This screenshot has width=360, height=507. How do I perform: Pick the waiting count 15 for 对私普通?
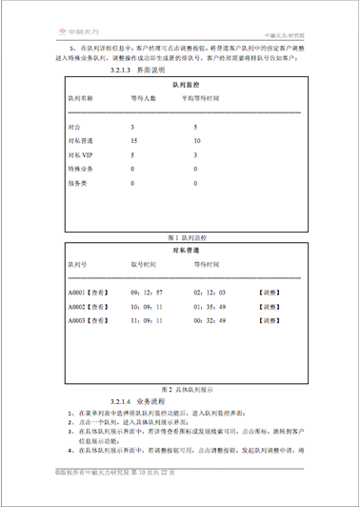tap(134, 140)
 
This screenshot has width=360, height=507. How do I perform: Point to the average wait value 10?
tap(196, 140)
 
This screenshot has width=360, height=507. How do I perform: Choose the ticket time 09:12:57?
tap(147, 292)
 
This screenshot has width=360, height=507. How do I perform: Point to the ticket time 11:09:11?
tap(147, 322)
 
